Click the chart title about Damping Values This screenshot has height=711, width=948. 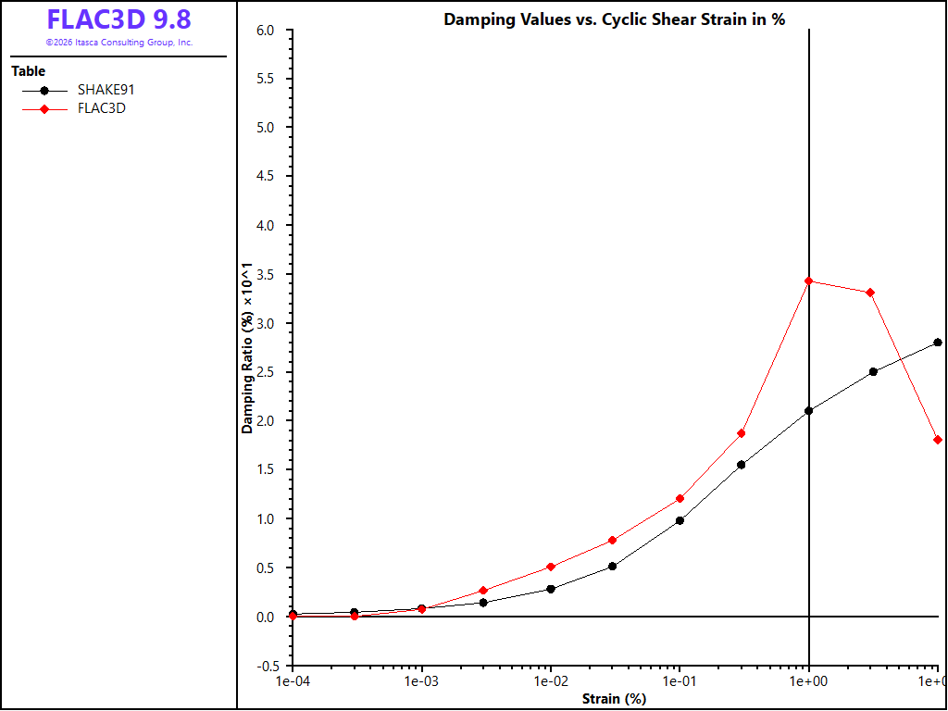pos(615,19)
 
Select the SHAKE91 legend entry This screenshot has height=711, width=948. pos(79,91)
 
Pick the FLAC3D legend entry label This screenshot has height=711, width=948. pos(102,109)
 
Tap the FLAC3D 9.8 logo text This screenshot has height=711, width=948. pos(119,20)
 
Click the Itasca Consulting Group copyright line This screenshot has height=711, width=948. pos(119,43)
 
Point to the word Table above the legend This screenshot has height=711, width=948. pos(29,70)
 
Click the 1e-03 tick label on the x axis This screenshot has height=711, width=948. pos(422,682)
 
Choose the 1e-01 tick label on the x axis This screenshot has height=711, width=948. pos(680,682)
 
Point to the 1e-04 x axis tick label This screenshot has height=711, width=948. pos(293,682)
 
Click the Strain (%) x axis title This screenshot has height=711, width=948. pos(615,699)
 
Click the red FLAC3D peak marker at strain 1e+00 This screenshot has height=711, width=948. pos(809,281)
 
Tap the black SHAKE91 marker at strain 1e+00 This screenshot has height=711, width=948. pos(809,411)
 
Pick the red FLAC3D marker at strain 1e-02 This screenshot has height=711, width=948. pos(551,567)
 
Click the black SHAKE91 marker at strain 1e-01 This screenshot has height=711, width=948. pos(680,520)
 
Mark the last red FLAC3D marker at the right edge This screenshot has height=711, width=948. pos(938,440)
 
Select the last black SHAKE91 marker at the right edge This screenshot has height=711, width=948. pos(938,343)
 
